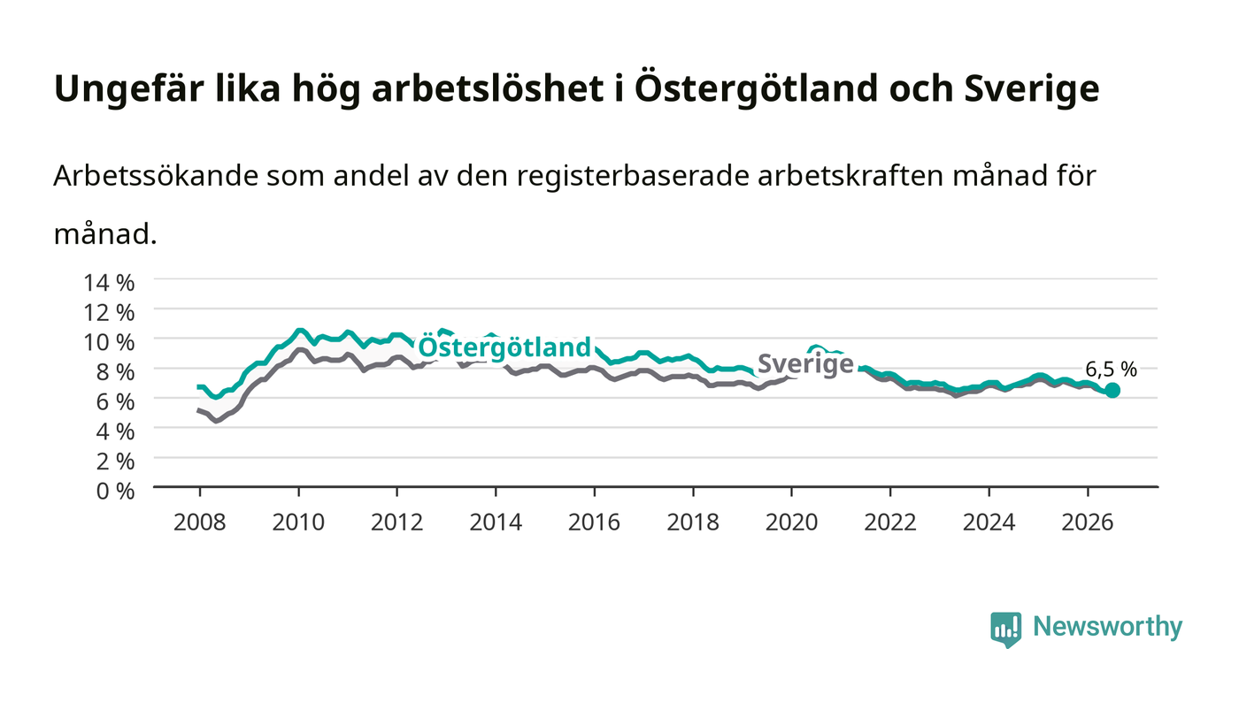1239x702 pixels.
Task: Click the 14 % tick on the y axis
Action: click(109, 283)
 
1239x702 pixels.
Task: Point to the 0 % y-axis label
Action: click(116, 491)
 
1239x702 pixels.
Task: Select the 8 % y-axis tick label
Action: click(116, 372)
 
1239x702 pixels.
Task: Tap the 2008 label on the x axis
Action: click(200, 523)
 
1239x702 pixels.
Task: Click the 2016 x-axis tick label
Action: click(594, 523)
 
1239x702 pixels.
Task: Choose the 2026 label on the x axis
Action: click(1088, 523)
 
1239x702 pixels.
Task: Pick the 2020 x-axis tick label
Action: click(791, 523)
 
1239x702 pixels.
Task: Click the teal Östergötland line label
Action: click(504, 348)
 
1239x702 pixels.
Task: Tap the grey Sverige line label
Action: click(805, 364)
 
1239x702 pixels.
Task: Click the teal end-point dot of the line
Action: click(1112, 390)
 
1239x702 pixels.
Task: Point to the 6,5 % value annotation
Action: click(1111, 370)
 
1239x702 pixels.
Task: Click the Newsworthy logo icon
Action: click(1005, 630)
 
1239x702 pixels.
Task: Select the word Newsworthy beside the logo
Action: click(1108, 627)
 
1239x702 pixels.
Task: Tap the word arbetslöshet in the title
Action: click(488, 88)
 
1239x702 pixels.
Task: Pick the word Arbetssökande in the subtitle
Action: click(156, 176)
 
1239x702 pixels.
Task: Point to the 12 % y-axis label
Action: click(109, 313)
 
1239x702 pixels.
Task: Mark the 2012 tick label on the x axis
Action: click(396, 523)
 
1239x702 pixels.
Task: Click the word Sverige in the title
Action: click(1032, 89)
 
